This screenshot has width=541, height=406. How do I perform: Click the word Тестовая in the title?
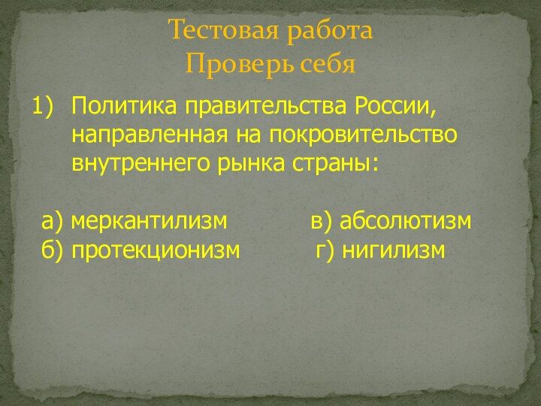[x=224, y=29]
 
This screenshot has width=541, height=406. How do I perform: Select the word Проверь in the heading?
[x=240, y=64]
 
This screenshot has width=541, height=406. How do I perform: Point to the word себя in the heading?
[x=328, y=64]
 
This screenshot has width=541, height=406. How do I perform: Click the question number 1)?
[x=44, y=106]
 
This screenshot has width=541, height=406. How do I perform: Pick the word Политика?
[x=123, y=106]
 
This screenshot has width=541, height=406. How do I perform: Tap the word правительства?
[x=266, y=107]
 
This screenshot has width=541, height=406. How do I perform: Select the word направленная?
[x=150, y=135]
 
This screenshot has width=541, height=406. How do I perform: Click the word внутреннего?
[x=141, y=164]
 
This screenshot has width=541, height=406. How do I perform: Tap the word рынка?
[x=252, y=164]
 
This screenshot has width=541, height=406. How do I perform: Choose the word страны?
[x=335, y=164]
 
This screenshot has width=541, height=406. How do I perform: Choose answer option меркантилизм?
[x=149, y=221]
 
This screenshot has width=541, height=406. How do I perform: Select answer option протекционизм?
[x=156, y=250]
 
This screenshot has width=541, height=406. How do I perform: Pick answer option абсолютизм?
[x=406, y=221]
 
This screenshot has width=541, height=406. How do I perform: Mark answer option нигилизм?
[x=393, y=250]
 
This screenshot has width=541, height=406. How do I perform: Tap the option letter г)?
[x=325, y=250]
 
